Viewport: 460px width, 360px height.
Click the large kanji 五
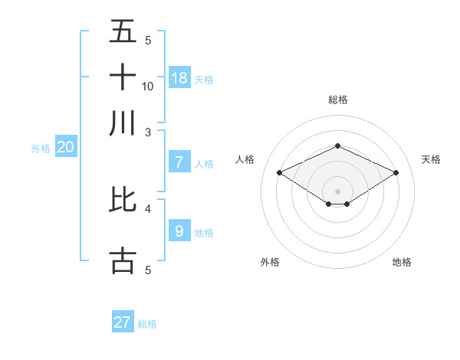123,31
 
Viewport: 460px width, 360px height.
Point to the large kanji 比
123,200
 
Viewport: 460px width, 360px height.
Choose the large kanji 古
123,260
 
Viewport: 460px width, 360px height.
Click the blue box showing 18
179,78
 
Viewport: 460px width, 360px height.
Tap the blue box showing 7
179,162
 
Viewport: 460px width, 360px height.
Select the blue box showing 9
179,231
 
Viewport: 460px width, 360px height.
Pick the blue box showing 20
65,148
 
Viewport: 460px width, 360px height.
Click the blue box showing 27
123,322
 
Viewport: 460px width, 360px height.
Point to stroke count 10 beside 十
148,86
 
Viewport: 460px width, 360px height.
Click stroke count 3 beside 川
148,132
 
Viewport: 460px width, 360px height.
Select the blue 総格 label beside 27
147,324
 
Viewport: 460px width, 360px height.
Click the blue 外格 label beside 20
41,149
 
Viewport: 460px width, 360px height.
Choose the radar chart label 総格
337,100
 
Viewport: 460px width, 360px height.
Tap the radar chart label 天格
432,159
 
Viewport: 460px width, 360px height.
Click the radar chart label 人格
245,159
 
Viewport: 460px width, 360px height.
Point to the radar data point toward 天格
396,173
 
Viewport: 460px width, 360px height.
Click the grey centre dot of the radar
337,191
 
